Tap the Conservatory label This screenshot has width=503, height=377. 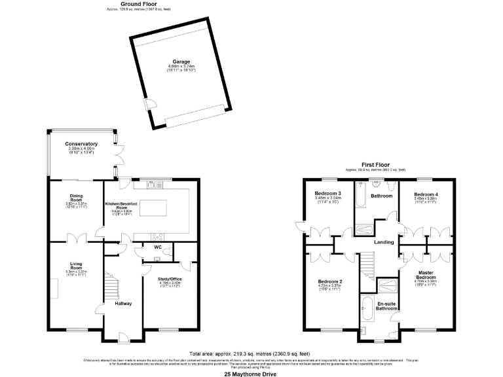tap(81, 144)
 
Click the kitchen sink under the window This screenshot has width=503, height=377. tap(153, 185)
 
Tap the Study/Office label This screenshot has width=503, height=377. tap(170, 279)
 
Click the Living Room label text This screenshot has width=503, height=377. tap(76, 265)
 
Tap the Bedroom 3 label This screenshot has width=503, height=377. tap(327, 194)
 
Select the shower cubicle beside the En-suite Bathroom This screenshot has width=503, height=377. tap(387, 285)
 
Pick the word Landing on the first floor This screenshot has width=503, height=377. tap(383, 242)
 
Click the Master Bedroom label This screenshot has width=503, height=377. tap(426, 275)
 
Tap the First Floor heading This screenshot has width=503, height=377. tap(377, 165)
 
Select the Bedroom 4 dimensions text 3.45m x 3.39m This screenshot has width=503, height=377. tap(425, 199)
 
